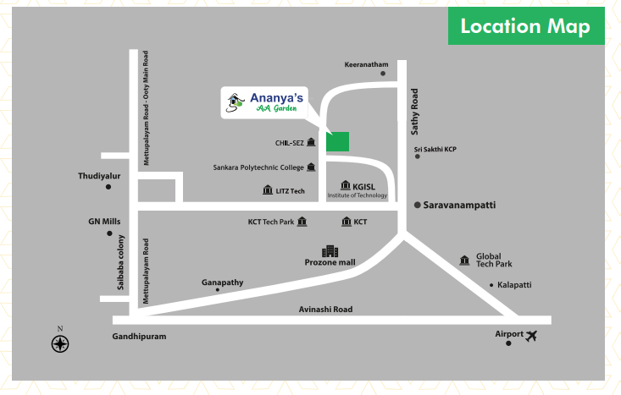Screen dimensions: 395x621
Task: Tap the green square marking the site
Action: coord(337,141)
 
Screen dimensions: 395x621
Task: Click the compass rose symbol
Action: coord(59,343)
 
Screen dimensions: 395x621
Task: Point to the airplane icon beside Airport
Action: coord(532,336)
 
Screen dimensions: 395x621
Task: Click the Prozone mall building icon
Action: coord(330,251)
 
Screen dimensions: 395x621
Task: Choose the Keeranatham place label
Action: coord(366,64)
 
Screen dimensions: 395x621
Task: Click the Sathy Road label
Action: coord(414,109)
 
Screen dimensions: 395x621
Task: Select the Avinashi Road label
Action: coord(325,310)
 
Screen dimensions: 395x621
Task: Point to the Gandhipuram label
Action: coord(139,337)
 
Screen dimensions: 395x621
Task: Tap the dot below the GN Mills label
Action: coord(109,233)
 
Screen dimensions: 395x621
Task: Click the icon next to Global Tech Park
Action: coord(463,260)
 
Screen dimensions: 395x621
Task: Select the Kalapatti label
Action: coord(514,285)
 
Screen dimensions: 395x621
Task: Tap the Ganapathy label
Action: coord(222,282)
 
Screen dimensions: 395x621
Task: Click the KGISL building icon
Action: coord(345,185)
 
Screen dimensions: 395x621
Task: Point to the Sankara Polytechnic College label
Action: coord(258,167)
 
